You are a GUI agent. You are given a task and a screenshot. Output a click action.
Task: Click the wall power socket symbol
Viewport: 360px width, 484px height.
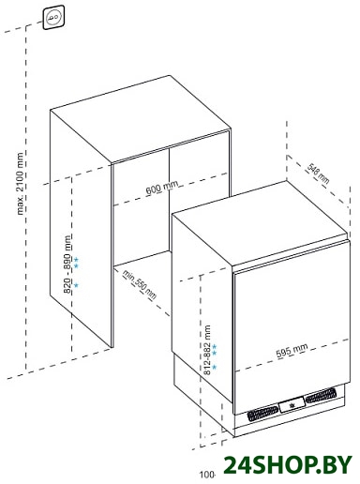coord(54,18)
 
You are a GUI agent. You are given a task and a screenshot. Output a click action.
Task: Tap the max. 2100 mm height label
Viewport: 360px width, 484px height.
coord(21,184)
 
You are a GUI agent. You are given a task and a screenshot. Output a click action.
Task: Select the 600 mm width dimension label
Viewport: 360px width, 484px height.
coord(162,188)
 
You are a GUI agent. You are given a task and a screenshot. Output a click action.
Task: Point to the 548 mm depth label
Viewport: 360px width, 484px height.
coord(318,174)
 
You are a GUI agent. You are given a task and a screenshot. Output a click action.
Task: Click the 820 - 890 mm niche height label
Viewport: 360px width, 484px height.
coord(67,265)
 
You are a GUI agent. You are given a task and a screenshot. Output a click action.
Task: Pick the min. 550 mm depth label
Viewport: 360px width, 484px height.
coord(139,285)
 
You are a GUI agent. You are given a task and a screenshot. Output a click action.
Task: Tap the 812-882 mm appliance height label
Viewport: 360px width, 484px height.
coord(207,350)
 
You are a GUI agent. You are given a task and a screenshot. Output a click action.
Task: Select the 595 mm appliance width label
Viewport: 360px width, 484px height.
coord(292,351)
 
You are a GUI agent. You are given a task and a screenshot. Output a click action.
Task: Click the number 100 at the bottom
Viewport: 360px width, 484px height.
coord(206,475)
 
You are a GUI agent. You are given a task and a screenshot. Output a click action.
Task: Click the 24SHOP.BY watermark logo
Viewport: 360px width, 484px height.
coord(288,465)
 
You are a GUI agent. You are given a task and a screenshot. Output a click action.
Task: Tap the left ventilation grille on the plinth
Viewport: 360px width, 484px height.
coord(262,414)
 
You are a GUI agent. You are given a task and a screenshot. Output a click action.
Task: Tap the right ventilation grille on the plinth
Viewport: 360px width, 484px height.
coord(321,395)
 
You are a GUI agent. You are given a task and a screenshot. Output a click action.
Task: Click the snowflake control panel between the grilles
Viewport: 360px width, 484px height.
coord(292,405)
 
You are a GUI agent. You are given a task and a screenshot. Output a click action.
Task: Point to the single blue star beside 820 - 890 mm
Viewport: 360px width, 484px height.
coord(76,285)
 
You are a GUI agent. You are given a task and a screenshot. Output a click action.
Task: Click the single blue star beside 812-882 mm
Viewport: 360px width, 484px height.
coord(215,367)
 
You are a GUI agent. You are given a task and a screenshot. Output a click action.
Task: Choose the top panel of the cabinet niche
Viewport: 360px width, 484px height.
coord(141,119)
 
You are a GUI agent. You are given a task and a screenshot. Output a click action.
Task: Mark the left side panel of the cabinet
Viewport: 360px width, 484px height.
coord(81,228)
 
